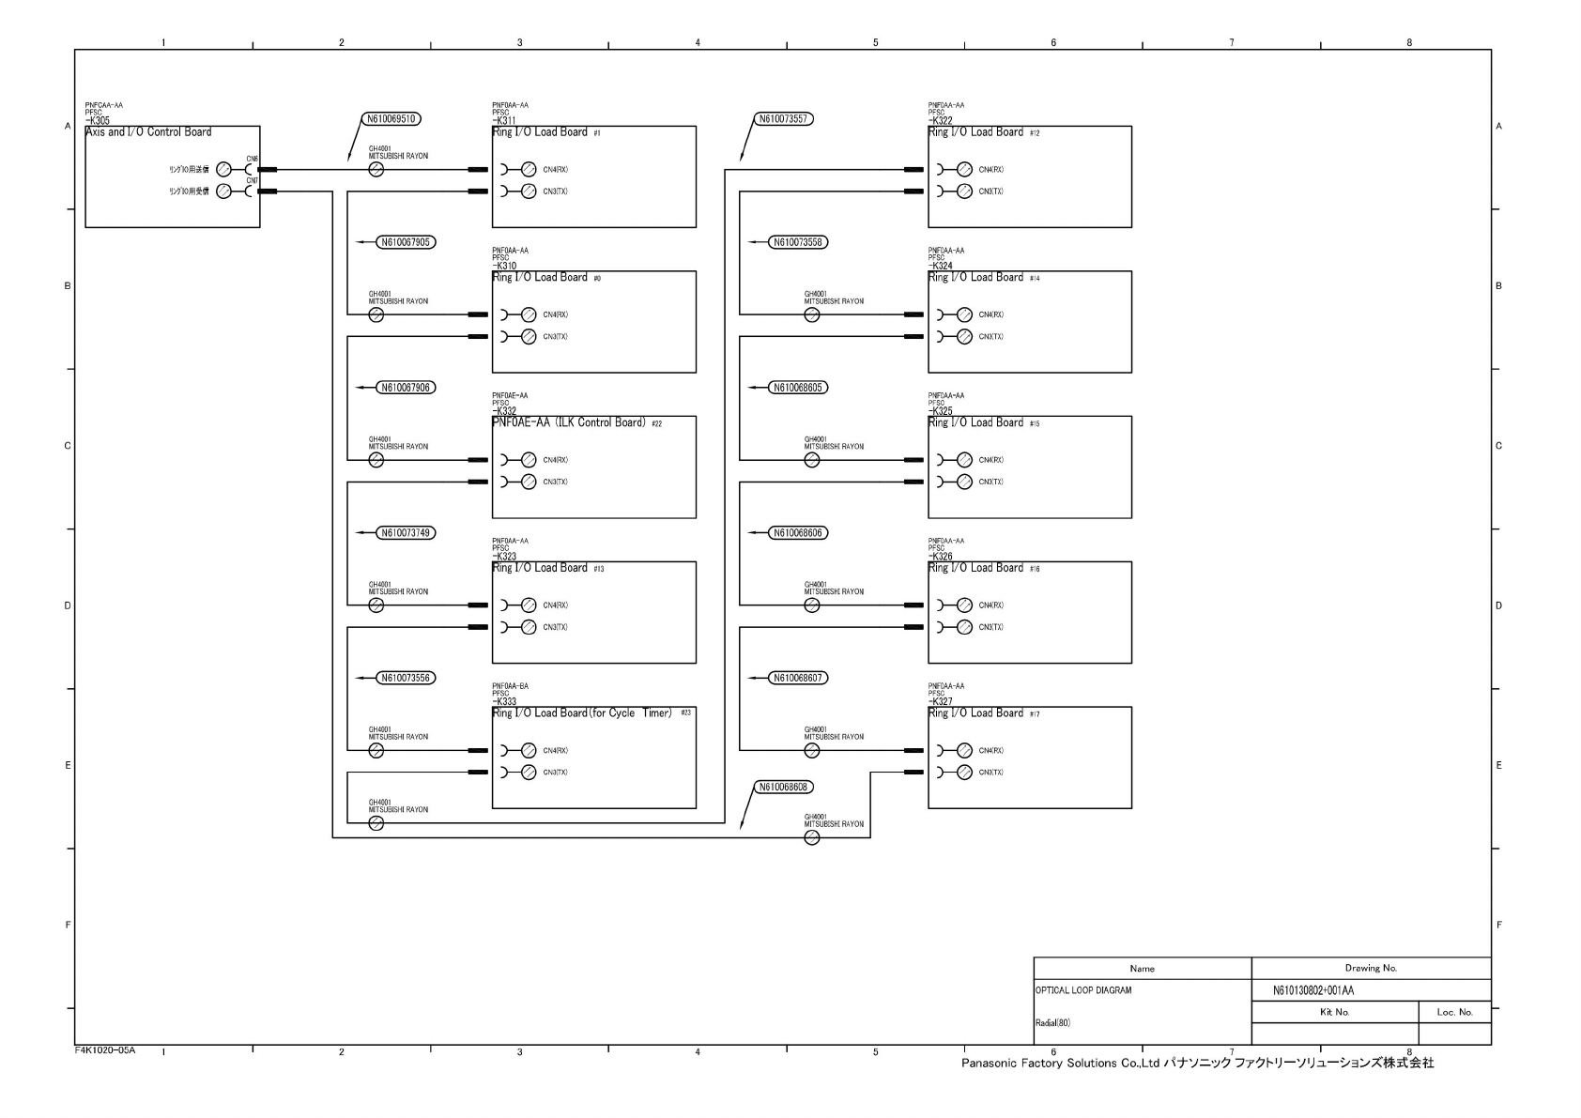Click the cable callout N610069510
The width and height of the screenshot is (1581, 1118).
391,119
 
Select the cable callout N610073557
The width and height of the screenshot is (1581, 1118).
783,119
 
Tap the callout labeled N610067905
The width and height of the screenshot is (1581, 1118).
406,242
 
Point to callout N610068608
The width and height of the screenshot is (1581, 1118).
783,787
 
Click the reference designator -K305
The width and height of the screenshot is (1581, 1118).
98,121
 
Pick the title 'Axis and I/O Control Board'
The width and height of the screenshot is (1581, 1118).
148,132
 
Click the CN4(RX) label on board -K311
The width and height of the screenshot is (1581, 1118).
555,170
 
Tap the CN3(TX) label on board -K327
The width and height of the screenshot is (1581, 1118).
990,773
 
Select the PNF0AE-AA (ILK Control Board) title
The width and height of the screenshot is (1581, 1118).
569,422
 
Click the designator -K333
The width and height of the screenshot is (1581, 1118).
504,701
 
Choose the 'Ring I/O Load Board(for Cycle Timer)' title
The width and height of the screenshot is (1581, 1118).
583,713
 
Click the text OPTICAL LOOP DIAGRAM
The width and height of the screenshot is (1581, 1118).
1082,990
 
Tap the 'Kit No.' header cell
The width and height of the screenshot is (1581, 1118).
1334,1012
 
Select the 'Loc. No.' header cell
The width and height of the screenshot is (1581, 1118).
1454,1012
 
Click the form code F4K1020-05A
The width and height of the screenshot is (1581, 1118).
105,1049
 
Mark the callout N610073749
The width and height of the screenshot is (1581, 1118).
406,533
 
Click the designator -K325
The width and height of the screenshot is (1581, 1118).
940,411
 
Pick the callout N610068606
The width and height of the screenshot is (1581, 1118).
798,533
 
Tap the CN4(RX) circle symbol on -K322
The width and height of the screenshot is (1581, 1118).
964,170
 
